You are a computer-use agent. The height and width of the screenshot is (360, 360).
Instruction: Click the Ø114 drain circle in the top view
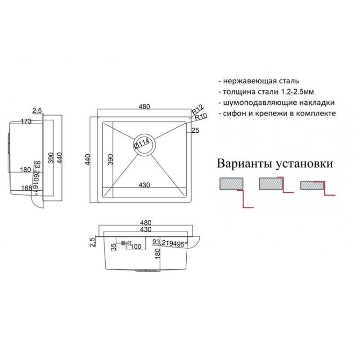pyautogui.click(x=145, y=144)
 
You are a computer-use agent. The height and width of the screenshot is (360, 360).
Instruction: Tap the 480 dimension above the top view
pyautogui.click(x=144, y=107)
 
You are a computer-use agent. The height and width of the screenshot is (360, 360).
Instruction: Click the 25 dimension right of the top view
pyautogui.click(x=195, y=131)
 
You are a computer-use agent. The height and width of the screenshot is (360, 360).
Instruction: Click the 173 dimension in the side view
pyautogui.click(x=26, y=121)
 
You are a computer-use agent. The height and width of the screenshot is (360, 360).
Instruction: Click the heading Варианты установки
pyautogui.click(x=275, y=163)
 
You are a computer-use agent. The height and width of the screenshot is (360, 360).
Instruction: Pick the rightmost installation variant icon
pyautogui.click(x=315, y=187)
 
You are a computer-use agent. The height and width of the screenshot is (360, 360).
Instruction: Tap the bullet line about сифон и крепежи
pyautogui.click(x=279, y=113)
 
